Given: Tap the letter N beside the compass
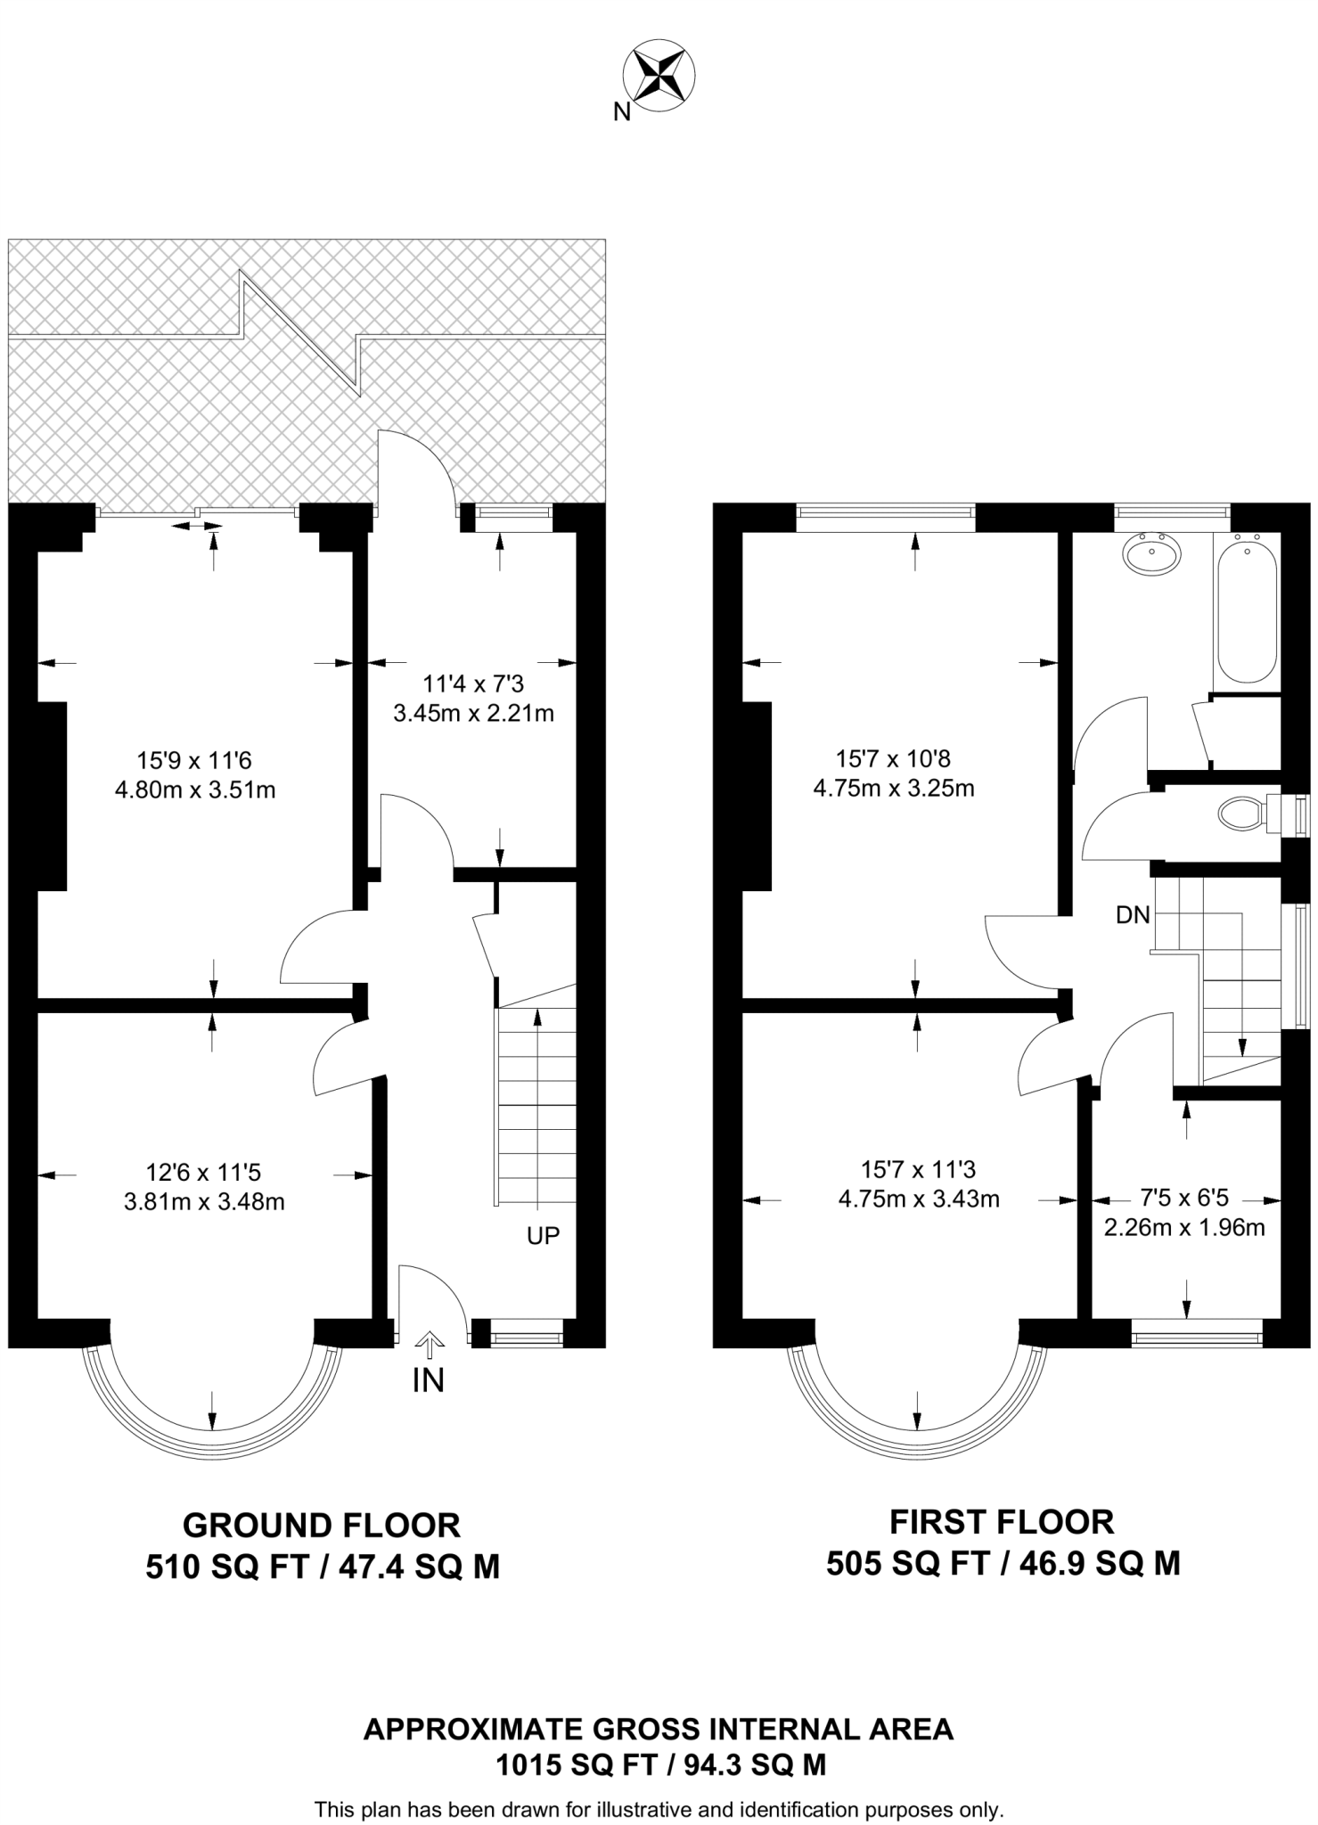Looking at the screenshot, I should click(622, 112).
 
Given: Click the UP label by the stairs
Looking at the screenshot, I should click(543, 1236).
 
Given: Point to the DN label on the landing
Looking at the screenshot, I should click(1133, 915).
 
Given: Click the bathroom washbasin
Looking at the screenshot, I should click(1153, 552).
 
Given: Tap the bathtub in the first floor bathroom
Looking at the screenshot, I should click(1248, 610).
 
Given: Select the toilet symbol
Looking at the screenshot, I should click(1240, 814).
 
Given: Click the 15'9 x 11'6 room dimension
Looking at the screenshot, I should click(194, 760).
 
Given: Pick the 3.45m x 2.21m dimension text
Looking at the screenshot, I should click(473, 713).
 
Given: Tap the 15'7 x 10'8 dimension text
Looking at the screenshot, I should click(893, 759).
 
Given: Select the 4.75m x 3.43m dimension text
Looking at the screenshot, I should click(919, 1199).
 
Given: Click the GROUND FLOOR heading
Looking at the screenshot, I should click(322, 1526).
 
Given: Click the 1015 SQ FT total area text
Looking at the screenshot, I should click(576, 1765).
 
